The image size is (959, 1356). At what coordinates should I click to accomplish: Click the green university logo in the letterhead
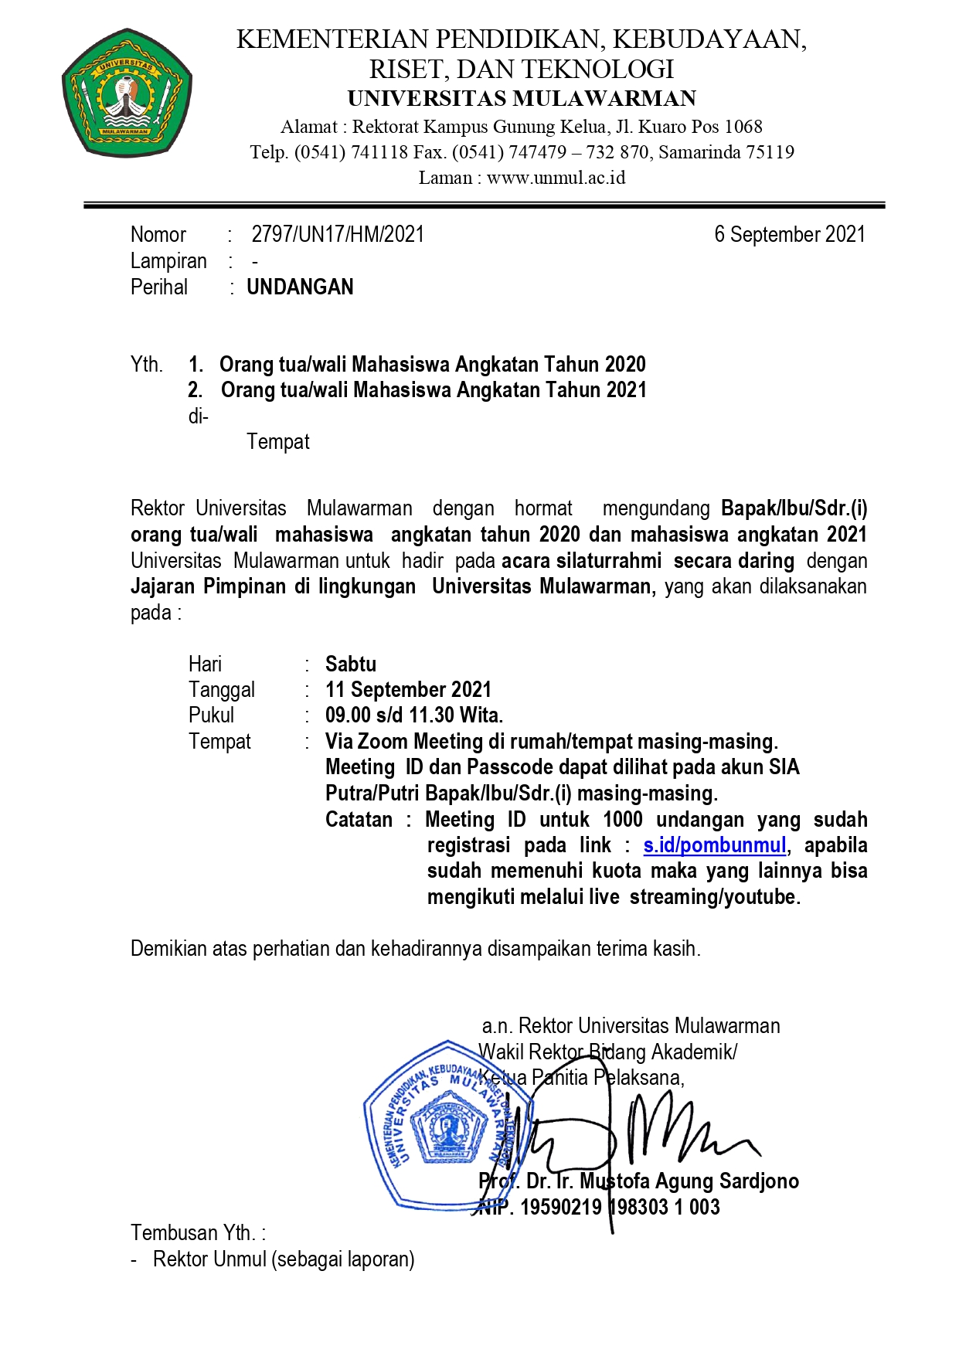coord(127,93)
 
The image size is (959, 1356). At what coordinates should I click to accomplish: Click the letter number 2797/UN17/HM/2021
coord(338,235)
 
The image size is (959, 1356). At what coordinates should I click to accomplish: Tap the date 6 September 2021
coord(789,235)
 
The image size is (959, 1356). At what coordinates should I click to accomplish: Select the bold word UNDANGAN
coord(300,287)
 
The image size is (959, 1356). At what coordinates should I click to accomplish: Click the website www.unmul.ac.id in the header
coord(556,178)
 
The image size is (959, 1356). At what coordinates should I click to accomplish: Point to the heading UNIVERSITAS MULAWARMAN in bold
coord(522,99)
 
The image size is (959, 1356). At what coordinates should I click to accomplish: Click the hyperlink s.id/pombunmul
coord(715,845)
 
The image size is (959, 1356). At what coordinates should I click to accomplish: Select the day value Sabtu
coord(351,664)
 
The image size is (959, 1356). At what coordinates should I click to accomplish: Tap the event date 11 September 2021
coord(408,690)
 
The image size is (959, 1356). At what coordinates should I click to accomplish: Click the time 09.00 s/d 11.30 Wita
coord(414,715)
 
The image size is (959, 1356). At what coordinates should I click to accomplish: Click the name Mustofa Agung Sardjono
coord(689,1181)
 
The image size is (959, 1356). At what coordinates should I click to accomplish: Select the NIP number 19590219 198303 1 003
coord(620,1207)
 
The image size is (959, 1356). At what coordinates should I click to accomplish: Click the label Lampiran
coord(168,261)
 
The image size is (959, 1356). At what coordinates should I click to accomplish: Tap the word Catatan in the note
coord(359,820)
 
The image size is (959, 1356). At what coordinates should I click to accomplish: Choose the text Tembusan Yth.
coord(198,1232)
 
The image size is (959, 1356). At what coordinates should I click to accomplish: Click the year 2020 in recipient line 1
coord(625,365)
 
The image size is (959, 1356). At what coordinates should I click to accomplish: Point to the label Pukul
coord(211,715)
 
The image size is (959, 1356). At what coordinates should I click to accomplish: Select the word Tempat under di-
coord(278,442)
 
